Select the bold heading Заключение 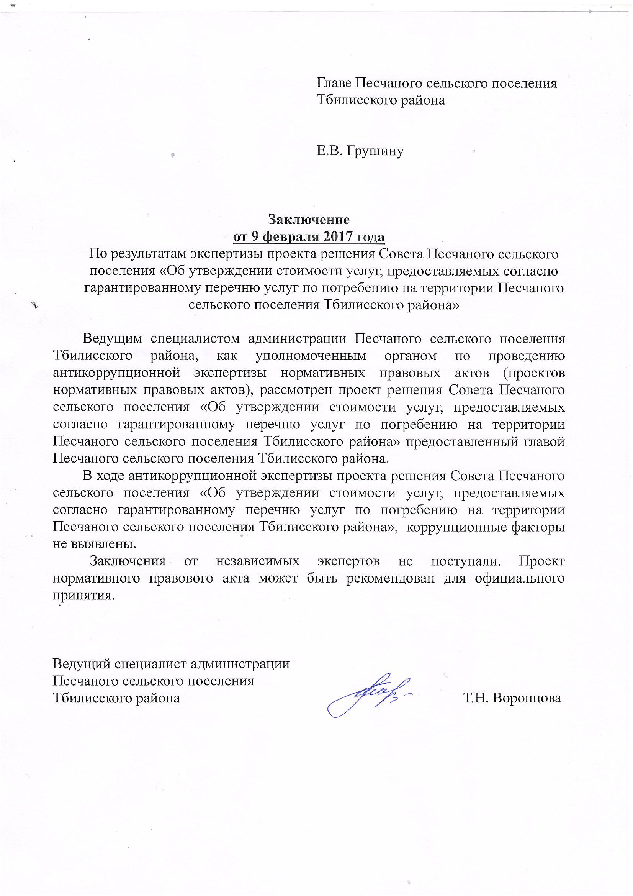point(308,220)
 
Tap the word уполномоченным point(311,356)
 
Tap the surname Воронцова point(527,698)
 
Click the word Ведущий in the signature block point(80,664)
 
